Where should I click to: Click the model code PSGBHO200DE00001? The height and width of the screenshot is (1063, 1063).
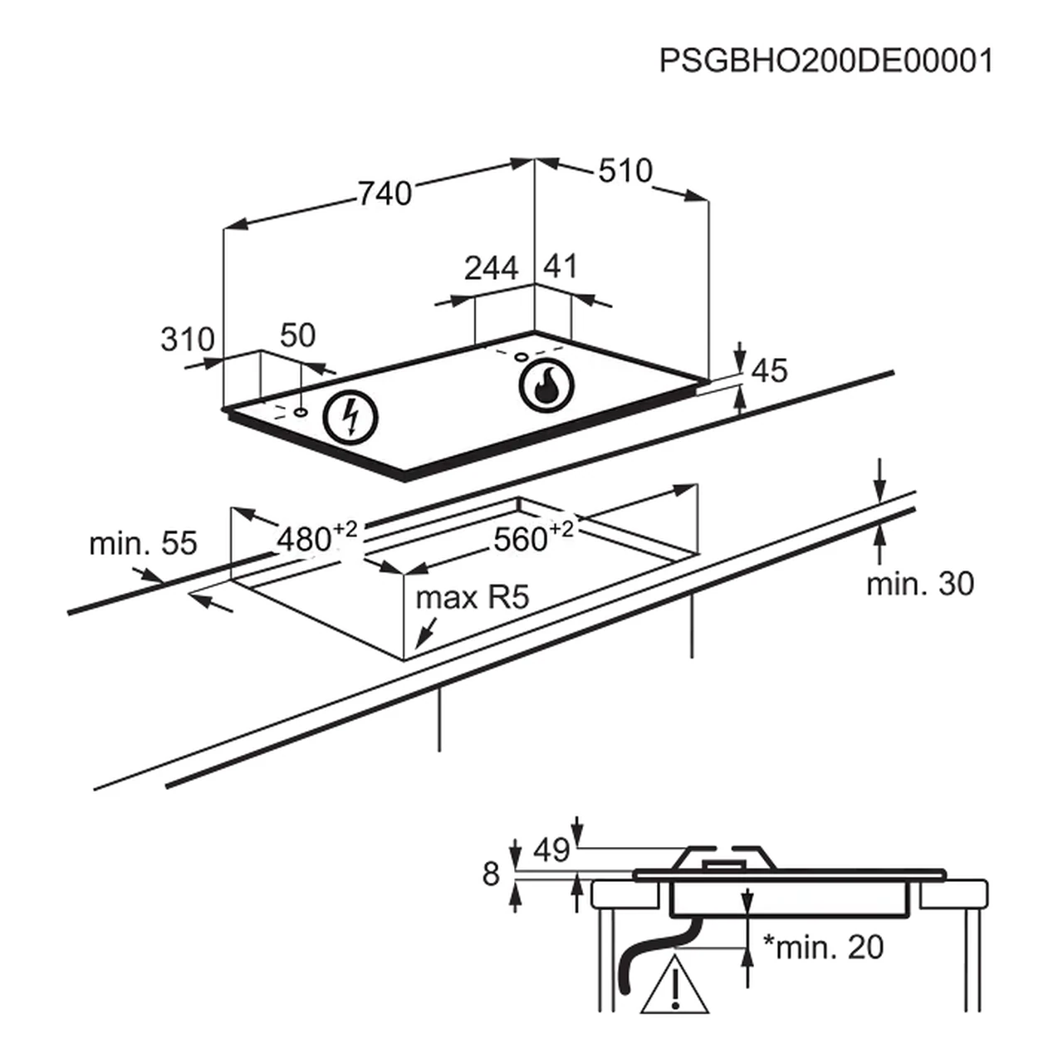(x=825, y=61)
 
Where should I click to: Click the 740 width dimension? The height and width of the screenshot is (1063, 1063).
(x=385, y=193)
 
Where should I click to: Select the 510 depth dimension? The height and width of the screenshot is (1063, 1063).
(x=625, y=171)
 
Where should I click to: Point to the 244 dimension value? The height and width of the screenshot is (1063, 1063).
(x=491, y=268)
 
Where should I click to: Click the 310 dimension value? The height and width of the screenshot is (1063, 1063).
(x=187, y=340)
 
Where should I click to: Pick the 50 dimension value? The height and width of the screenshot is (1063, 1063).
(x=297, y=336)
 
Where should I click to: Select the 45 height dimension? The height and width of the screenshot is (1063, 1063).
(x=768, y=371)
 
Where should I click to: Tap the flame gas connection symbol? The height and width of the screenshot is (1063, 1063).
(x=545, y=386)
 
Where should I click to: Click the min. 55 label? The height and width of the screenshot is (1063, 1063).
(x=143, y=544)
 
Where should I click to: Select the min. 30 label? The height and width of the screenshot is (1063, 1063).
(x=919, y=584)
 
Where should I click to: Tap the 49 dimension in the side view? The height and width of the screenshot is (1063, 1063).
(x=551, y=850)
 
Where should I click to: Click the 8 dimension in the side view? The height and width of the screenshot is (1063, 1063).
(x=492, y=874)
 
